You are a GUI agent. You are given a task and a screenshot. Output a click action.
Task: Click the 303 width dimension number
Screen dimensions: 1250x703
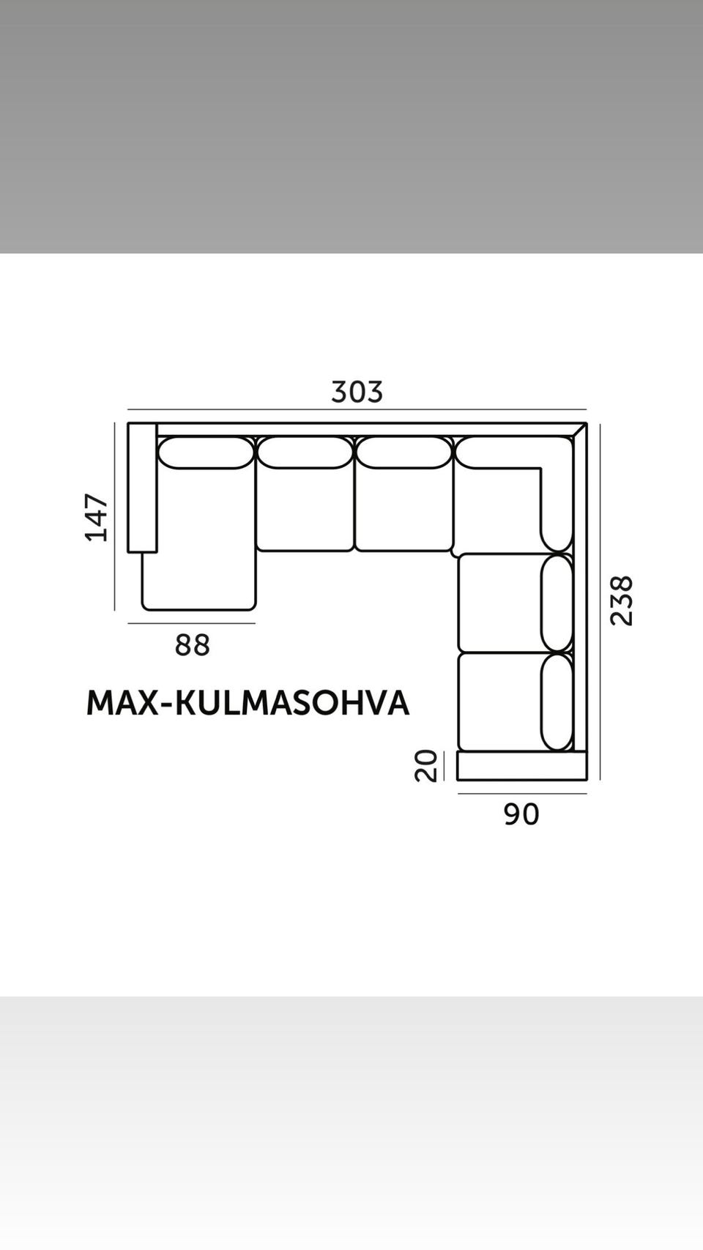pyautogui.click(x=357, y=392)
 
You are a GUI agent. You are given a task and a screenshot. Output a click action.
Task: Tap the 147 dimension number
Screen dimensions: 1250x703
pyautogui.click(x=97, y=518)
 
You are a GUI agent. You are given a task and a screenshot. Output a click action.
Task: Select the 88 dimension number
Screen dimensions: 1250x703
pyautogui.click(x=192, y=645)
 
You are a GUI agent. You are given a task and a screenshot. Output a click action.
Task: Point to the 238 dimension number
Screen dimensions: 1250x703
pyautogui.click(x=621, y=600)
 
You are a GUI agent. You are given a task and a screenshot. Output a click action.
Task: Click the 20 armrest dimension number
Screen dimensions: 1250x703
pyautogui.click(x=425, y=766)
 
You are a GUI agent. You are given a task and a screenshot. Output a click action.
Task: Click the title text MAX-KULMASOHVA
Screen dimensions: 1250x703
pyautogui.click(x=248, y=703)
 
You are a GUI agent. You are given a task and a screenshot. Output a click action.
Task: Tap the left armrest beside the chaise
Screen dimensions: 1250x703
pyautogui.click(x=142, y=488)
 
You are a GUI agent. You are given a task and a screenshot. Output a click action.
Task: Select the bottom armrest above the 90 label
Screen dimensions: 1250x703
pyautogui.click(x=521, y=765)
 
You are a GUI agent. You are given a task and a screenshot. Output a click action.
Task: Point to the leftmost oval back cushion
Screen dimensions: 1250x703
pyautogui.click(x=206, y=453)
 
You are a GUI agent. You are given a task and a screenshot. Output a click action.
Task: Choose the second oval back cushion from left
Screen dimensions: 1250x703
pyautogui.click(x=305, y=453)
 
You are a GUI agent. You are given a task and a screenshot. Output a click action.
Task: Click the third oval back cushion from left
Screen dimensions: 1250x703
pyautogui.click(x=403, y=453)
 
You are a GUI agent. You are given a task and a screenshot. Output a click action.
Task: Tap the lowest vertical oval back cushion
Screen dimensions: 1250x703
pyautogui.click(x=557, y=702)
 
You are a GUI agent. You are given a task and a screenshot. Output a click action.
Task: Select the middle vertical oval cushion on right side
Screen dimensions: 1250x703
pyautogui.click(x=557, y=603)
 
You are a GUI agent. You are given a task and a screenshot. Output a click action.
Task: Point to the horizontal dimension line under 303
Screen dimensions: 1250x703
pyautogui.click(x=357, y=409)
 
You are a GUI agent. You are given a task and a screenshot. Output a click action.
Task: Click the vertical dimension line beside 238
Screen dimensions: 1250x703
pyautogui.click(x=600, y=600)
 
